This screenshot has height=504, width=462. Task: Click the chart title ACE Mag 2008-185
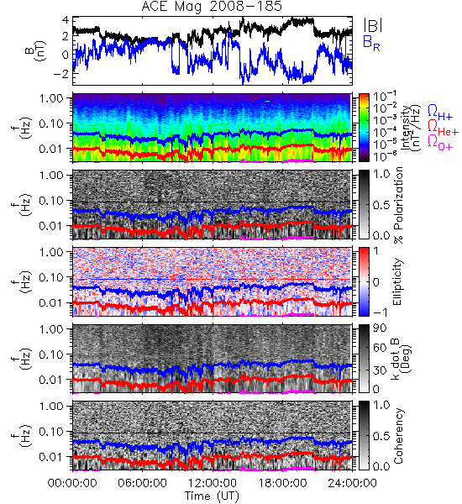click(212, 7)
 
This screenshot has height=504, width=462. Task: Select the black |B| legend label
click(373, 25)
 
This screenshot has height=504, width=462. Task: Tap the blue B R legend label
click(371, 43)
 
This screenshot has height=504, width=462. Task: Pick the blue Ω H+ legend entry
click(440, 113)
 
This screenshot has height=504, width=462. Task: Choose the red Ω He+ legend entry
click(443, 127)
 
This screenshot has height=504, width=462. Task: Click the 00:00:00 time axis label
click(72, 483)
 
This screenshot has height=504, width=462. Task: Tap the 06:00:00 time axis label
click(142, 483)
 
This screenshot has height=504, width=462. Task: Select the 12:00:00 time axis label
click(213, 483)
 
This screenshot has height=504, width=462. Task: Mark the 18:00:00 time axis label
click(282, 483)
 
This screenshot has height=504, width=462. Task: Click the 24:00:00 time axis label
click(352, 483)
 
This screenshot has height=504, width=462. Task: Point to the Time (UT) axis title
click(213, 496)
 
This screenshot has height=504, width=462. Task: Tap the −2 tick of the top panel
click(61, 73)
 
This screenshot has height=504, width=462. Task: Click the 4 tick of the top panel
click(66, 20)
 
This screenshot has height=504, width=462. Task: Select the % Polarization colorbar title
click(399, 205)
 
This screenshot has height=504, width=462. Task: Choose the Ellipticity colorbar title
click(398, 281)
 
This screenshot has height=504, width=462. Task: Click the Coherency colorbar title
click(398, 436)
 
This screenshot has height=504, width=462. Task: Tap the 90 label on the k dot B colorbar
click(380, 328)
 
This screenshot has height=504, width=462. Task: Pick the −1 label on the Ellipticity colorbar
click(380, 312)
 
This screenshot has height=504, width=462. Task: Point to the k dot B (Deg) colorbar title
click(402, 359)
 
